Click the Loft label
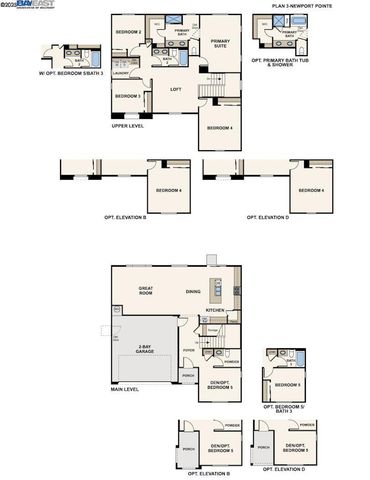[175, 90]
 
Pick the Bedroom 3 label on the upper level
[127, 96]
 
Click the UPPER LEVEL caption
[128, 125]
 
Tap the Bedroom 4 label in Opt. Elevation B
[169, 190]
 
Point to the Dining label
[193, 291]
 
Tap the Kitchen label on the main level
[215, 311]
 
